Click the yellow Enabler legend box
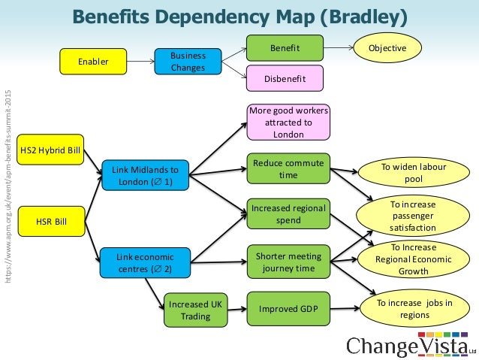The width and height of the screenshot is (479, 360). point(92,62)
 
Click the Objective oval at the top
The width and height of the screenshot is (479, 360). point(387,48)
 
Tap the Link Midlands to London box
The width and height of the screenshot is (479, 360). point(145,175)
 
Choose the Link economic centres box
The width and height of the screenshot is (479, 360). point(145,262)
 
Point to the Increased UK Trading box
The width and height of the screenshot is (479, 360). point(195,310)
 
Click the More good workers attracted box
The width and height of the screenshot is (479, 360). point(288,122)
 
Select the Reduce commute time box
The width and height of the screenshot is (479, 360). point(288,168)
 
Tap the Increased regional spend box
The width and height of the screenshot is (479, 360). point(288,213)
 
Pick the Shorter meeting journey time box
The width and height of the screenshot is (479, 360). point(288,262)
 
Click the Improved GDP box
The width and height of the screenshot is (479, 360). point(288,309)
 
